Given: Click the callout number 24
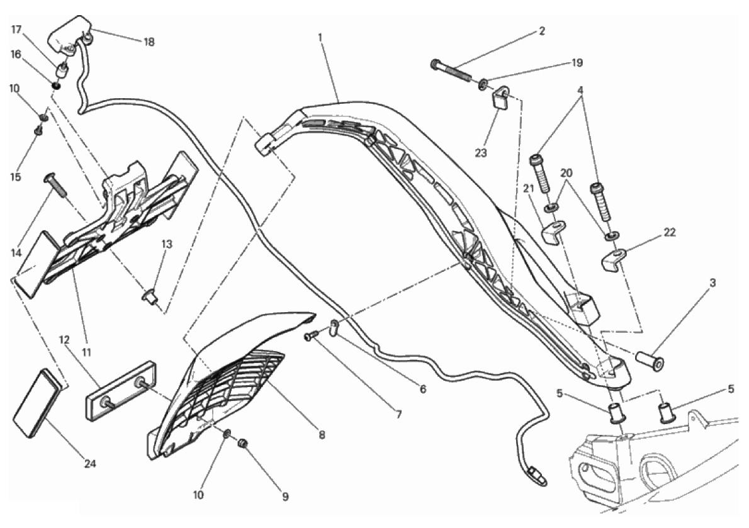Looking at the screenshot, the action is click(x=90, y=463).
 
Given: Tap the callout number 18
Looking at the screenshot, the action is click(x=149, y=42).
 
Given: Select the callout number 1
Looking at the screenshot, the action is click(x=320, y=37).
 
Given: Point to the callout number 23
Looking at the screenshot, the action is click(x=480, y=153).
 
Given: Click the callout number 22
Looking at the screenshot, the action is click(x=670, y=232).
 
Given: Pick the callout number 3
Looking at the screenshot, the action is click(x=712, y=283).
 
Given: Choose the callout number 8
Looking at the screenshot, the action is click(x=322, y=435).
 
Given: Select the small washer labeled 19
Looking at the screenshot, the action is click(x=483, y=86).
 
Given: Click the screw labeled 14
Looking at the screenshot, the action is click(x=56, y=185).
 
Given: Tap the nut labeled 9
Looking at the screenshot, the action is click(x=243, y=444).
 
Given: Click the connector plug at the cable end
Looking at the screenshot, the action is click(x=536, y=476).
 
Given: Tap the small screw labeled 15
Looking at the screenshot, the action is click(x=38, y=128).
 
